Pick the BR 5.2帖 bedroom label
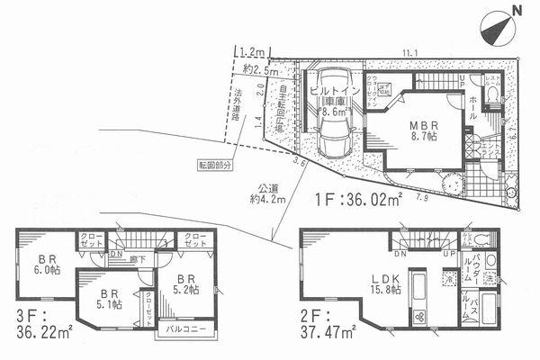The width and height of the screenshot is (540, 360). tap(184, 286)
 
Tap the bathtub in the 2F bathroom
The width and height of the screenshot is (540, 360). tap(490, 315)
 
